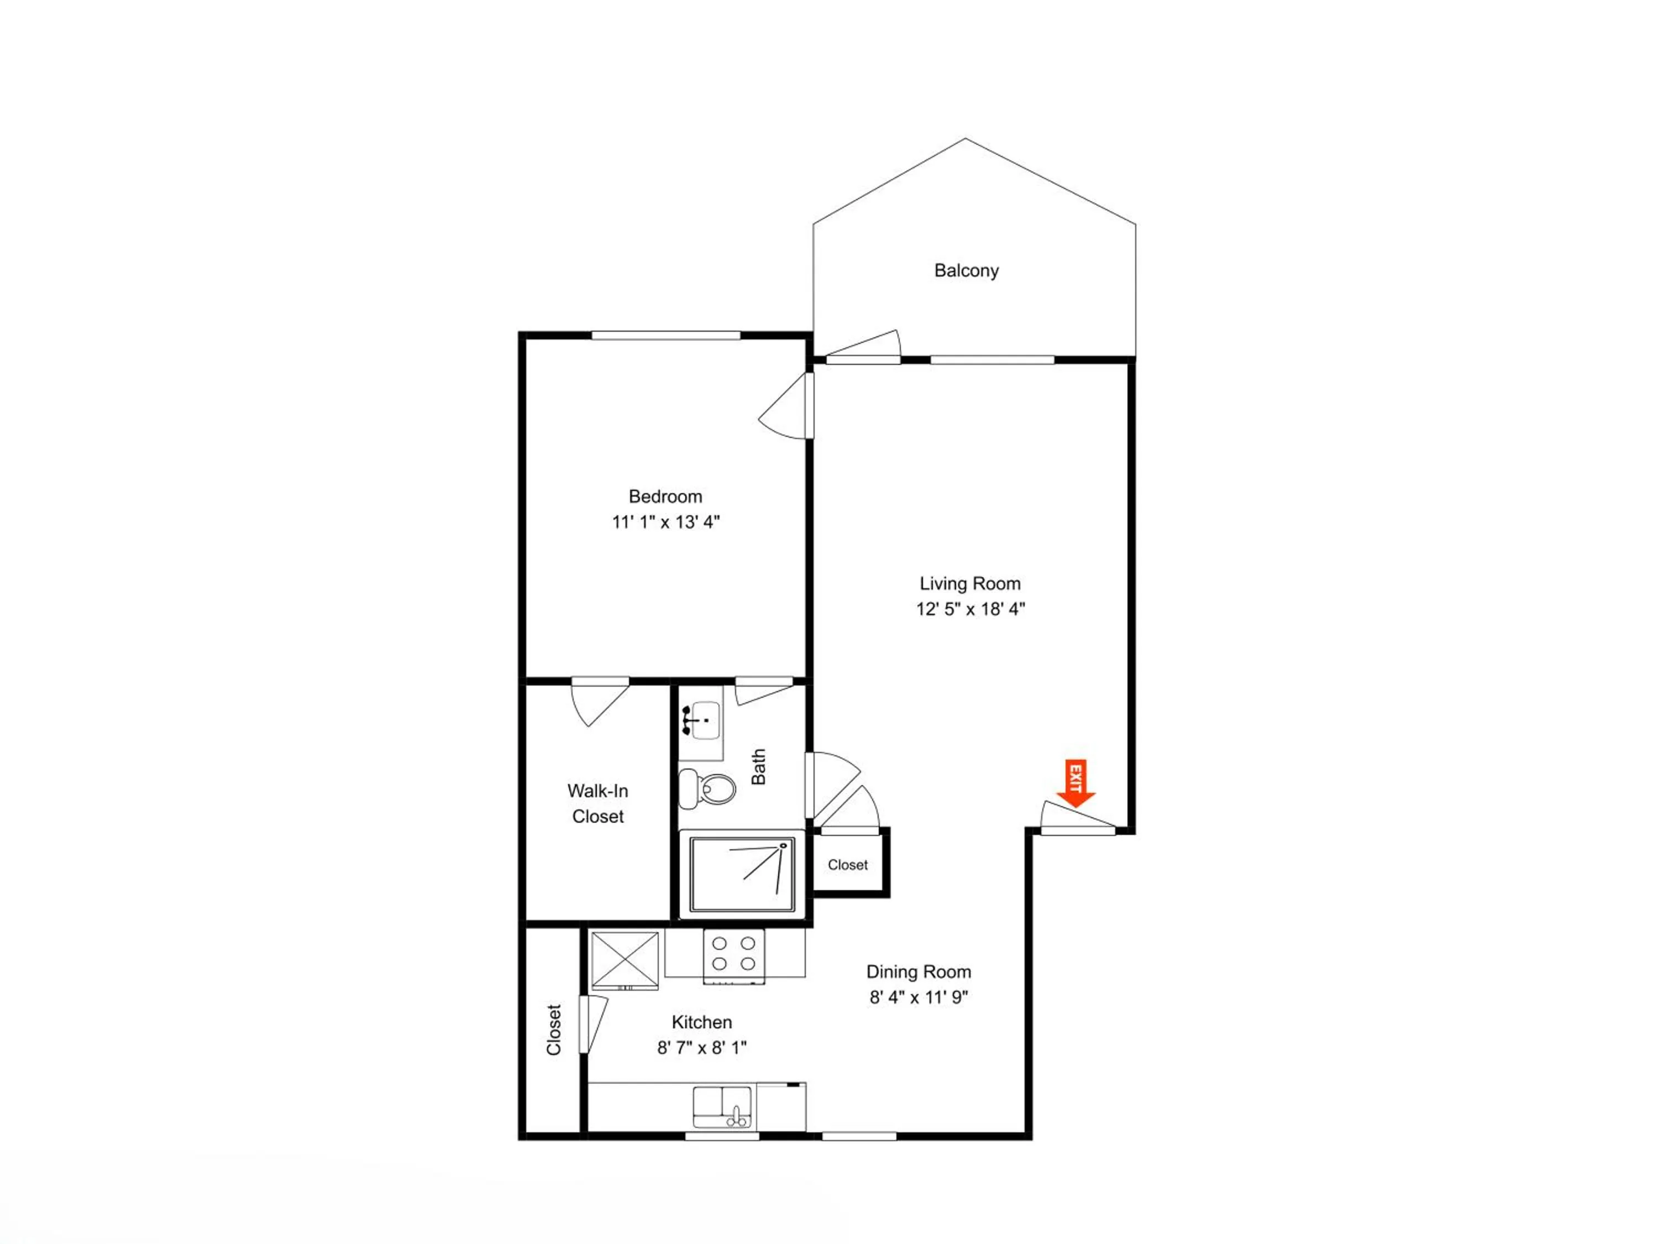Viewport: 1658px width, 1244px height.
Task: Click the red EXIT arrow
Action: [1075, 783]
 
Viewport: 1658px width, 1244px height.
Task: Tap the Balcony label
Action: [966, 271]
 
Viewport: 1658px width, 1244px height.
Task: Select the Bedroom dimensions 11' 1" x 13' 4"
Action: [665, 522]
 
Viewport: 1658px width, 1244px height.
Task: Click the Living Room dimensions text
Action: [970, 609]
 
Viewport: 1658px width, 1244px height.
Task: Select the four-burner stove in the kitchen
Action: [734, 956]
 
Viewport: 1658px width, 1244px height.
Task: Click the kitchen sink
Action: [722, 1107]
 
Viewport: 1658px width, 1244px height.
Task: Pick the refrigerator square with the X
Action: [625, 960]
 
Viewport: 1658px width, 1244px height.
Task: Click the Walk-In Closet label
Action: [597, 803]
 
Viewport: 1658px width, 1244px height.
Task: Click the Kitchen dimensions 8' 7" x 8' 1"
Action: [701, 1048]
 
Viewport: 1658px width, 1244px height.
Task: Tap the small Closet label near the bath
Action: [848, 865]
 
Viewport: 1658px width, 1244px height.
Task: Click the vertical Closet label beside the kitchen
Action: [554, 1030]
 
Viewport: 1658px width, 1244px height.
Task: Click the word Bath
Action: [759, 766]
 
